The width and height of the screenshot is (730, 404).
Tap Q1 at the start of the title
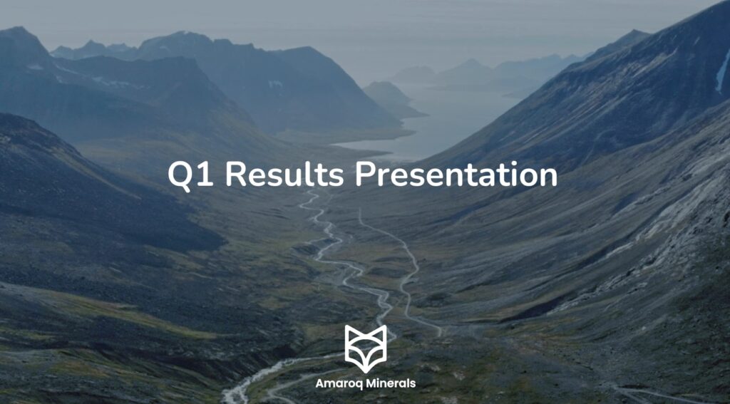pos(190,175)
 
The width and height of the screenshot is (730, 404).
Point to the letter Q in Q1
pos(180,175)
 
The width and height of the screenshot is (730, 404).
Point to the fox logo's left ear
pos(349,333)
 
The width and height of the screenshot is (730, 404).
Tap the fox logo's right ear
pos(381,333)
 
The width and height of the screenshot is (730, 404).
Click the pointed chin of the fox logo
pos(365,369)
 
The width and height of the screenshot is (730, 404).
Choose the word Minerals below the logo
pos(391,384)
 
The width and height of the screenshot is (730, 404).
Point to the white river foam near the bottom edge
pos(239,392)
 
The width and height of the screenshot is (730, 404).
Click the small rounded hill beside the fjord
pos(389,96)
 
